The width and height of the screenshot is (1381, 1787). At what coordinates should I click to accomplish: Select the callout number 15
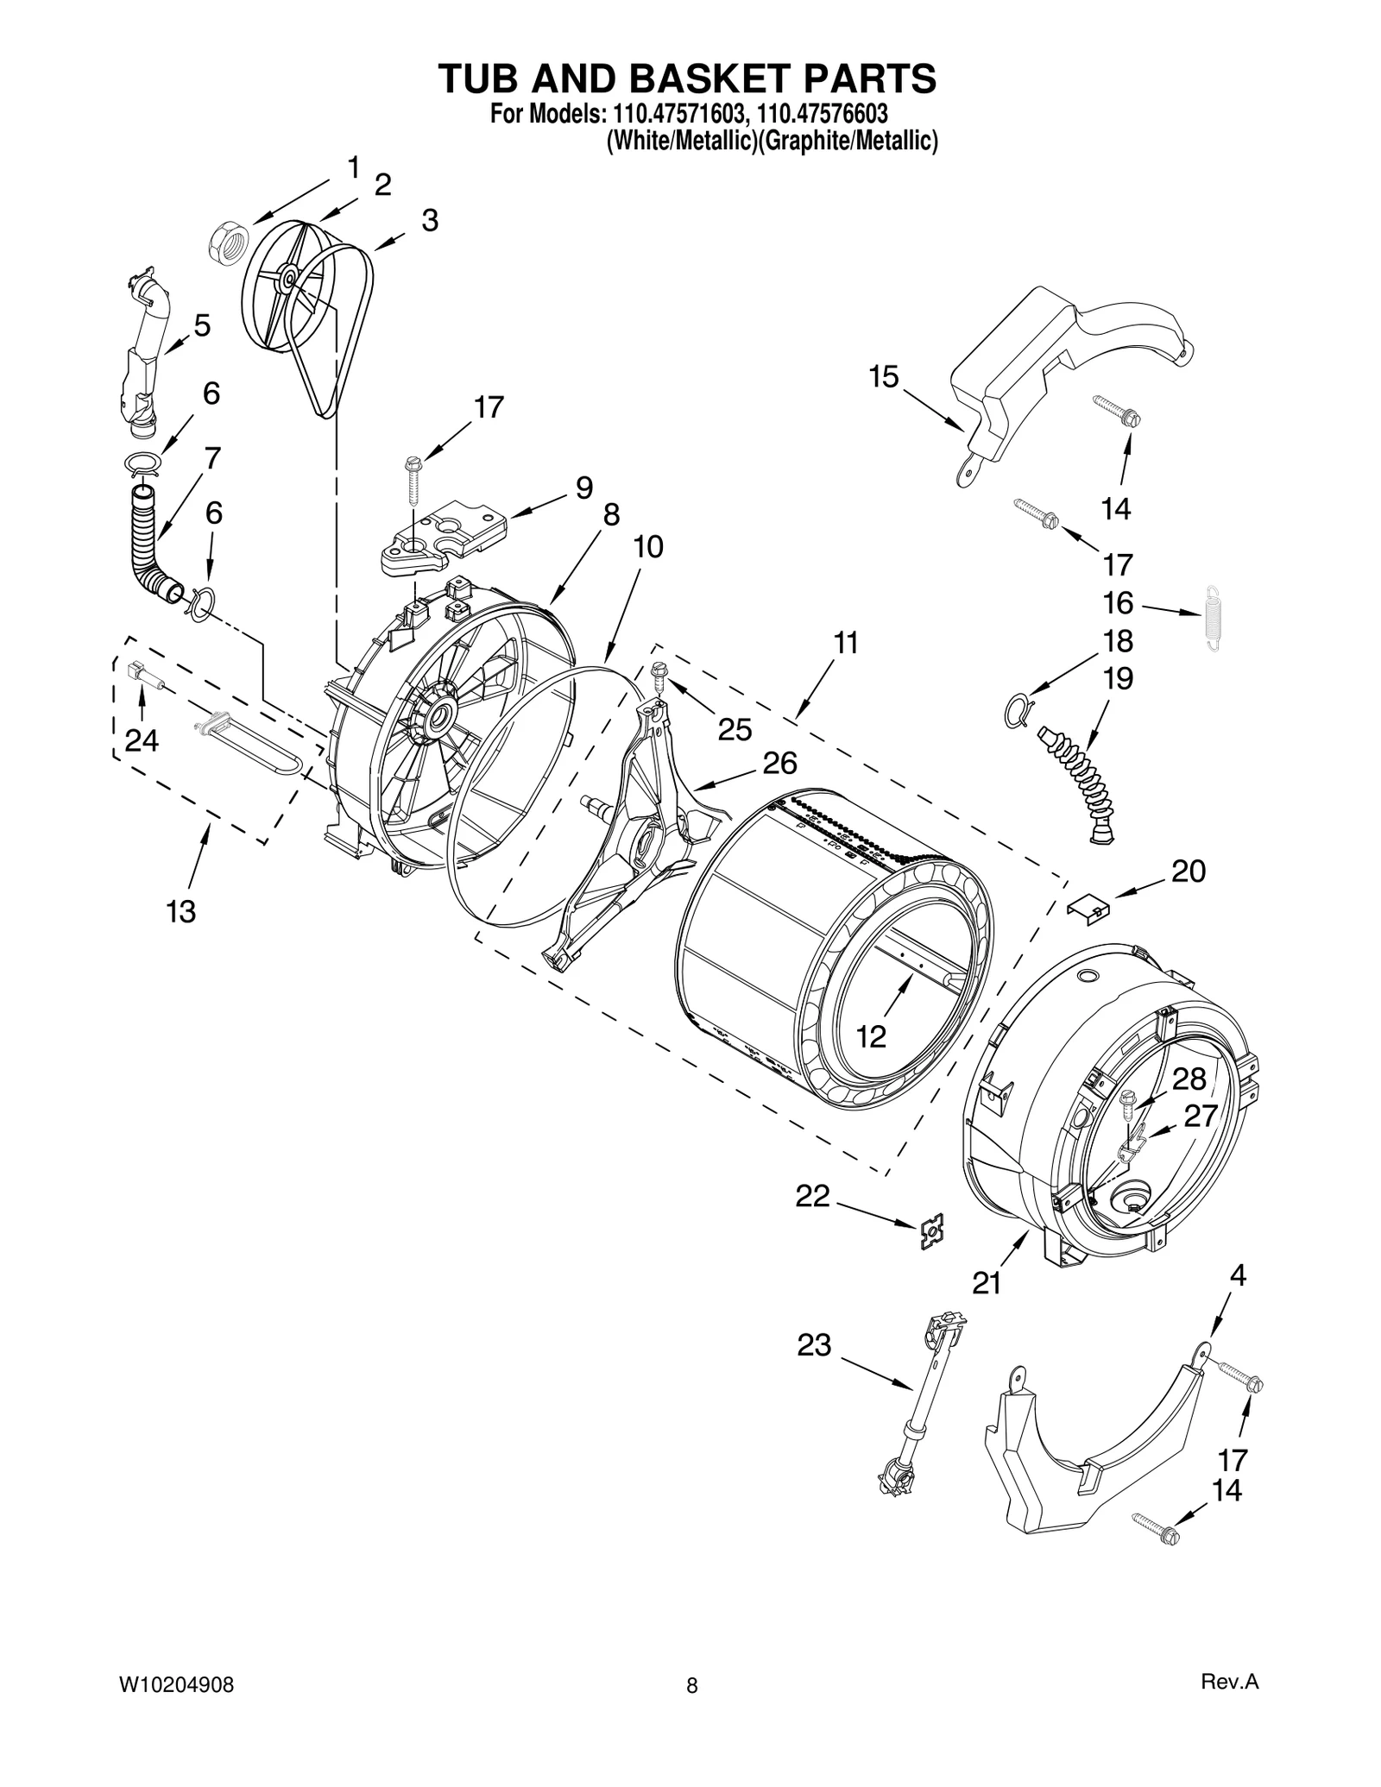click(x=883, y=377)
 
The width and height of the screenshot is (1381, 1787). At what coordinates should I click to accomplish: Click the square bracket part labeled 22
click(x=931, y=1231)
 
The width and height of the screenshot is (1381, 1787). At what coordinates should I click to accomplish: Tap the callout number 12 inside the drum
click(x=871, y=1037)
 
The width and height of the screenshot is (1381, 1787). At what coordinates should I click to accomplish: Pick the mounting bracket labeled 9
click(x=440, y=538)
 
